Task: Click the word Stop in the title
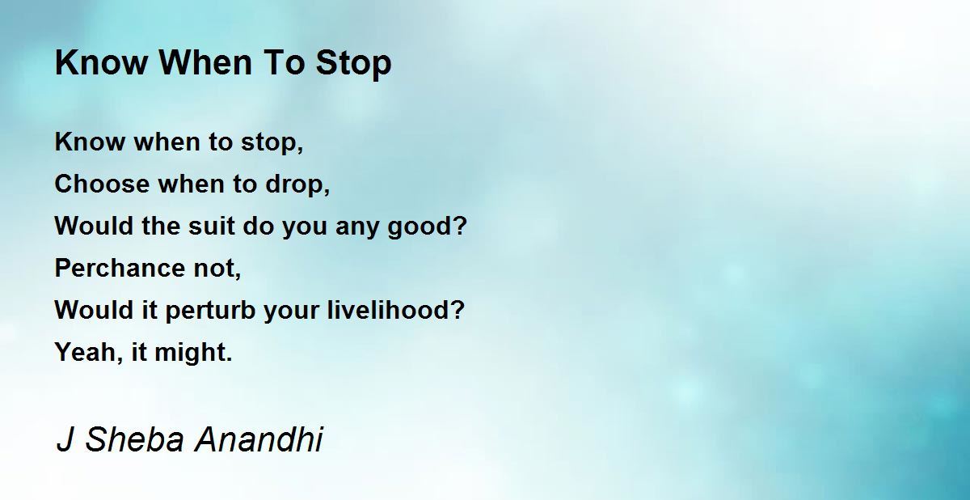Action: point(353,64)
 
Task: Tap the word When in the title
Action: point(205,62)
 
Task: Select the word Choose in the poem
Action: point(102,184)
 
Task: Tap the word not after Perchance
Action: point(214,268)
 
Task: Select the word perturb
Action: point(210,311)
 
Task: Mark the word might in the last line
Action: point(189,352)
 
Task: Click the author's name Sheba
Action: point(135,439)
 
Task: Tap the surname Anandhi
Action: point(259,439)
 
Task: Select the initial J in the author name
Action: point(65,439)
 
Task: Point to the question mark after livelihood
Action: point(456,309)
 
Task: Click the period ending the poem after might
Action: point(229,359)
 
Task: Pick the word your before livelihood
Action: point(292,312)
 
